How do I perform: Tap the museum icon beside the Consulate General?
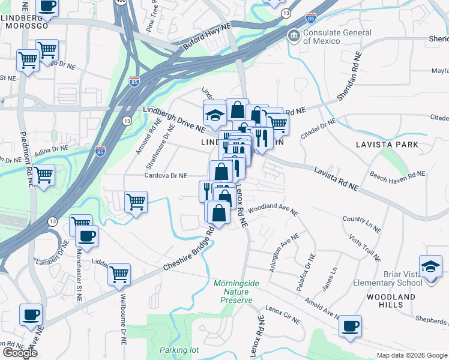click(294, 36)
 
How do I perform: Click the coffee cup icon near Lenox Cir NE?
click(350, 326)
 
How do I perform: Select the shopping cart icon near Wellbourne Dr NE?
click(119, 274)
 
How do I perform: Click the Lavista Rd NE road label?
click(336, 179)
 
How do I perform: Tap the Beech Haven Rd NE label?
click(397, 175)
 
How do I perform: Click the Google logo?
click(20, 353)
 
